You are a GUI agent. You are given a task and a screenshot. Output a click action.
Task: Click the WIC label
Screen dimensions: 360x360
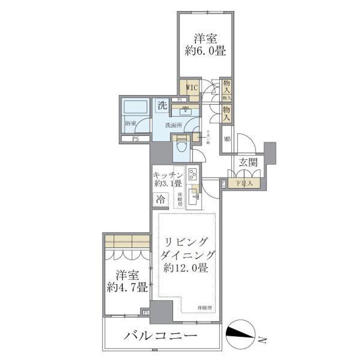click(192, 88)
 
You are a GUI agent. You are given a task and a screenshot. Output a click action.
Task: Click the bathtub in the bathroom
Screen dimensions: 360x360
click(135, 106)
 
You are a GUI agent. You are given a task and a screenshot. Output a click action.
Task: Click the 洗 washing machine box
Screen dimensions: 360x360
click(162, 105)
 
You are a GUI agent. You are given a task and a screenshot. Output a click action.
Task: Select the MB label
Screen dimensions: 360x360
click(227, 140)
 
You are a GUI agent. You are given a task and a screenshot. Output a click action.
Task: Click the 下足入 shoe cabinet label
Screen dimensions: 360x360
click(244, 183)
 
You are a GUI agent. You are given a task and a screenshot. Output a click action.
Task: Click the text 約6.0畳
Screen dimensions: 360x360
click(206, 50)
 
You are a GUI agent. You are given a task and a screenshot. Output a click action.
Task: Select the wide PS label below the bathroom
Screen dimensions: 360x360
click(135, 138)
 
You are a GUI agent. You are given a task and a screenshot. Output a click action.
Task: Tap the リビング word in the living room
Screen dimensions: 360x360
click(186, 242)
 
